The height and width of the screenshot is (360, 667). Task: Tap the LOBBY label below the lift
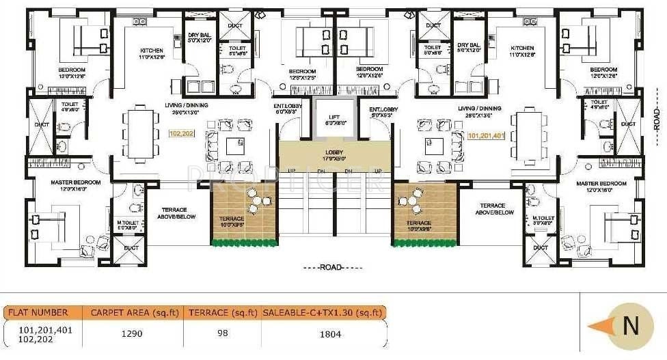(334, 152)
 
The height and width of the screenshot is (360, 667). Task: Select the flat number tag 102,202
(181, 135)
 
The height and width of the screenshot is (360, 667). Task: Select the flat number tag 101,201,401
(486, 135)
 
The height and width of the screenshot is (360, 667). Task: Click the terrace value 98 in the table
(221, 334)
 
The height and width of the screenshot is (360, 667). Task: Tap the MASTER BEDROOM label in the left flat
(75, 182)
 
